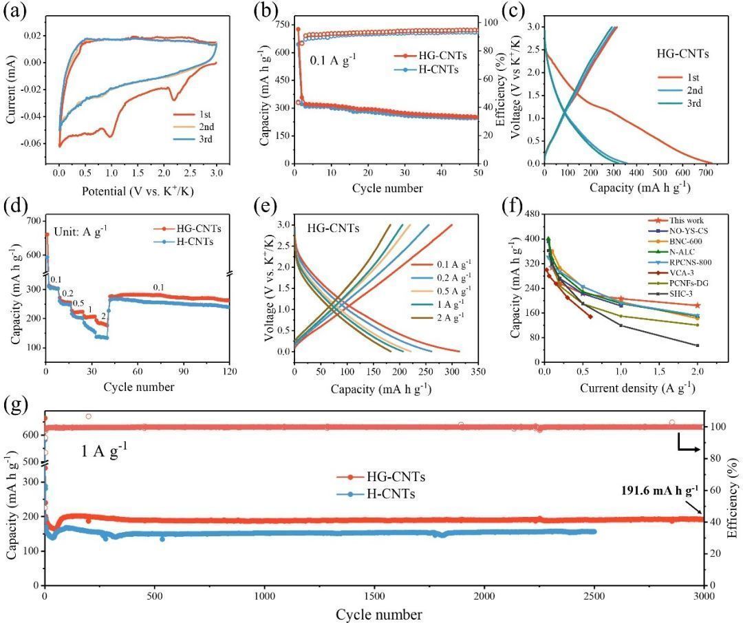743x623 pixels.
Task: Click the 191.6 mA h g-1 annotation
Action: point(660,490)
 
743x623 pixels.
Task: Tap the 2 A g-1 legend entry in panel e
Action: point(441,317)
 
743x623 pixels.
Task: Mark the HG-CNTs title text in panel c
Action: point(682,54)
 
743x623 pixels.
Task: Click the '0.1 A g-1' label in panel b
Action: point(333,60)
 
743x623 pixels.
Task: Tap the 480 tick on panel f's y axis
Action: point(532,214)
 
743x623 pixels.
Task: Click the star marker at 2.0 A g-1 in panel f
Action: point(698,306)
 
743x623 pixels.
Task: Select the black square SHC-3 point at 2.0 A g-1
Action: point(698,345)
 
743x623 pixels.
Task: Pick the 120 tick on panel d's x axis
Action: point(230,371)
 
